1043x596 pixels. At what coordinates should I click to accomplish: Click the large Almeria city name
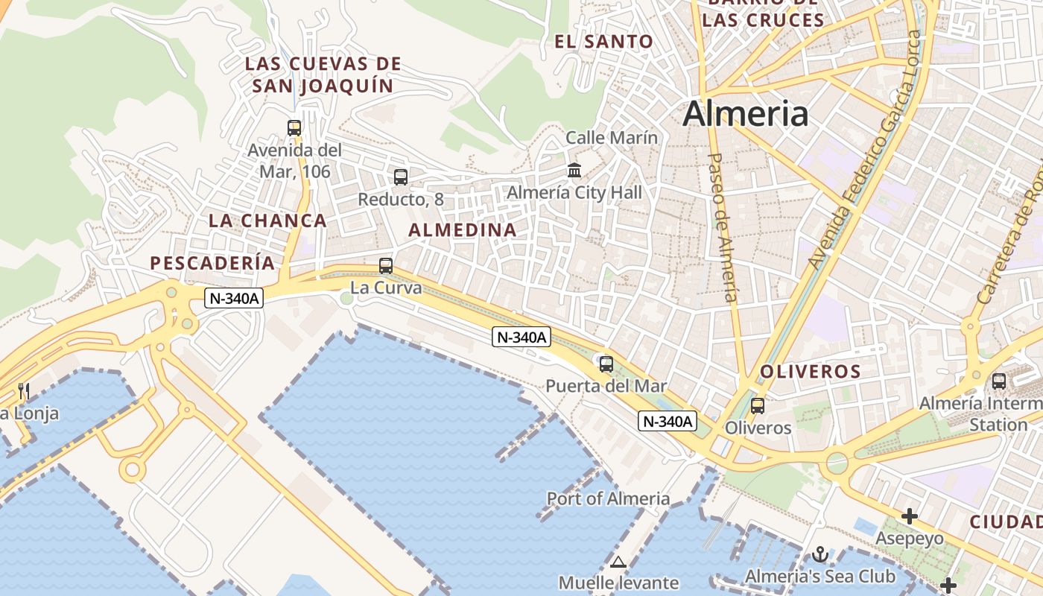click(745, 114)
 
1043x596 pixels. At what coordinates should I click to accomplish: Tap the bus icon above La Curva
click(385, 265)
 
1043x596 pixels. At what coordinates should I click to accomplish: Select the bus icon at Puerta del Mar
click(606, 364)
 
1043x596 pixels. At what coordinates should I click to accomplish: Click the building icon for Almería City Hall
click(574, 171)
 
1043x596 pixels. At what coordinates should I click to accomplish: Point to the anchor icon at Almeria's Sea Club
click(819, 554)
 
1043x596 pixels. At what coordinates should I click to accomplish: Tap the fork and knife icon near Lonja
click(24, 391)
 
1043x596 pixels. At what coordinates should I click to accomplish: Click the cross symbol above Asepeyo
click(909, 516)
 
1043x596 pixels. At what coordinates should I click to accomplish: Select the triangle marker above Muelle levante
click(618, 562)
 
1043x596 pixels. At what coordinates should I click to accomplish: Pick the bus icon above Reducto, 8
click(401, 177)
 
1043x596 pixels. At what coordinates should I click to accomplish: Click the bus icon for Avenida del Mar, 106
click(294, 127)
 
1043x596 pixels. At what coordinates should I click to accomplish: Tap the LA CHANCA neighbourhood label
click(267, 221)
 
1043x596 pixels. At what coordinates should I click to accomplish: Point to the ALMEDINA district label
click(463, 230)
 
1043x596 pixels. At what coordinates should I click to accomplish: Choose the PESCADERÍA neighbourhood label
click(212, 263)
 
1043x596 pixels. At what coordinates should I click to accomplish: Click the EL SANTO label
click(603, 42)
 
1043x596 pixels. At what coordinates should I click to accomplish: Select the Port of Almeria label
click(608, 498)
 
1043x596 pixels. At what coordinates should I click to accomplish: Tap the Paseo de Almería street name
click(722, 227)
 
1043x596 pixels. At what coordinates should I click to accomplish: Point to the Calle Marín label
click(612, 138)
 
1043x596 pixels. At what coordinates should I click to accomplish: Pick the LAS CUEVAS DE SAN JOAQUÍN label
click(323, 74)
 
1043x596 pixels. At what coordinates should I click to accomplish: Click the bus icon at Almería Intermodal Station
click(998, 381)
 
